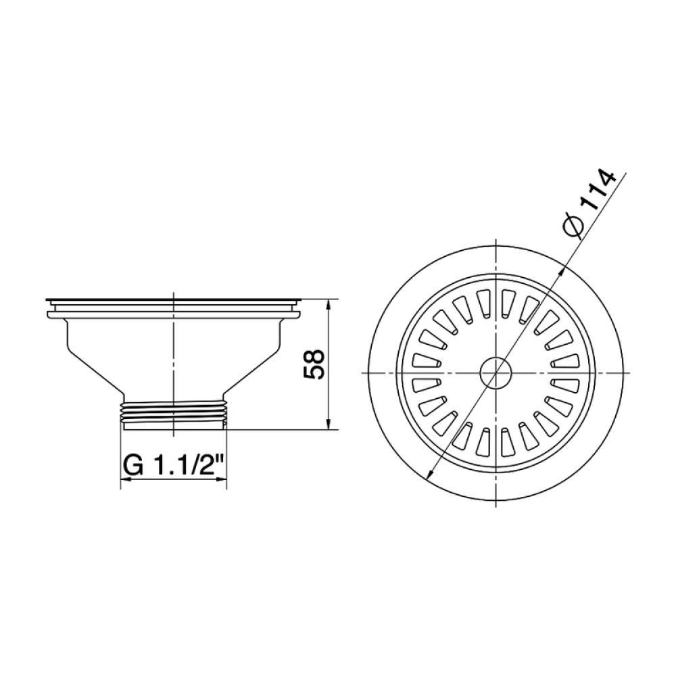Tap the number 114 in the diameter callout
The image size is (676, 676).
(x=598, y=193)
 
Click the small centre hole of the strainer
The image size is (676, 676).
(x=496, y=372)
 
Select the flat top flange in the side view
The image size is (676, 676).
(x=174, y=299)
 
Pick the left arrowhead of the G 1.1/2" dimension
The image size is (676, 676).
(x=125, y=480)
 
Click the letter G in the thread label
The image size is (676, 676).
(x=133, y=465)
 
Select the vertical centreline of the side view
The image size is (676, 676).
(x=174, y=352)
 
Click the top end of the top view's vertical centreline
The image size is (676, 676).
(x=496, y=241)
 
